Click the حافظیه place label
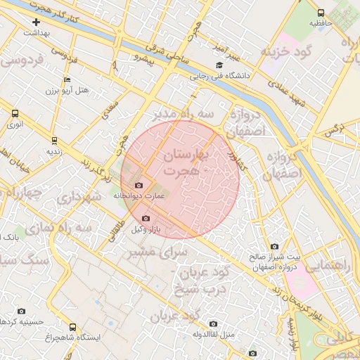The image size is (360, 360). pyautogui.click(x=321, y=23)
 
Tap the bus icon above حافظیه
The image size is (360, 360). pyautogui.click(x=321, y=13)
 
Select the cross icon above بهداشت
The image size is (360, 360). pyautogui.click(x=36, y=22)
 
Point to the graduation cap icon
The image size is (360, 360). pyautogui.click(x=219, y=65)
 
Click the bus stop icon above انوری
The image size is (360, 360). pyautogui.click(x=15, y=112)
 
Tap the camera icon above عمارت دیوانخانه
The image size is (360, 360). pyautogui.click(x=139, y=186)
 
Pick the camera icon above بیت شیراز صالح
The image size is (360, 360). pyautogui.click(x=274, y=247)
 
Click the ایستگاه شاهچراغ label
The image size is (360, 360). pyautogui.click(x=75, y=337)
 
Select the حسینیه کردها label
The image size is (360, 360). pyautogui.click(x=22, y=321)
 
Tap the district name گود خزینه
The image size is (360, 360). pyautogui.click(x=286, y=53)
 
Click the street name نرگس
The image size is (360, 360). pyautogui.click(x=330, y=130)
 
